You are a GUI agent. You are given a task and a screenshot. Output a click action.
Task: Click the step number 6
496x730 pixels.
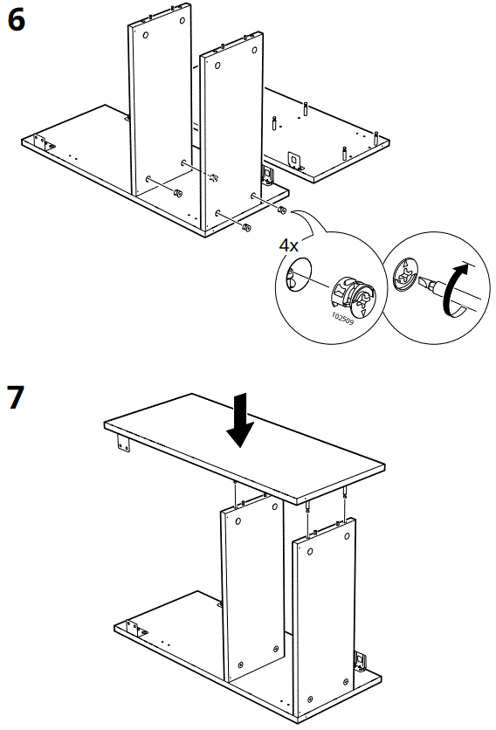coord(17,20)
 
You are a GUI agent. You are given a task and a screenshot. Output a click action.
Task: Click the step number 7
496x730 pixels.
coord(17,397)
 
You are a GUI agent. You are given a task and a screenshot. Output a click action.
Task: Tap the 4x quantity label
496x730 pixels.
coord(289,244)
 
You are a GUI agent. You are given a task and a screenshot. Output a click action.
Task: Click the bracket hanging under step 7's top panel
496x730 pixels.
coord(123,444)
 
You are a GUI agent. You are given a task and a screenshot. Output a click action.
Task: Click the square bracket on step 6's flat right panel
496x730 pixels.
coord(294,160)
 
